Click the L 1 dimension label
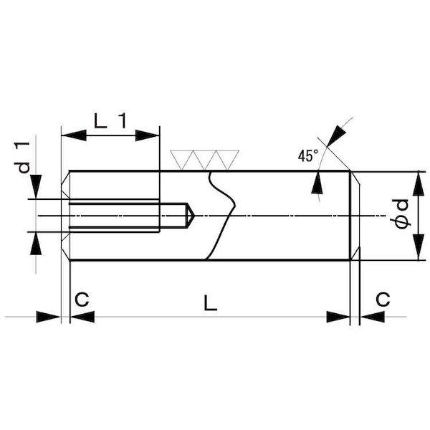(110, 120)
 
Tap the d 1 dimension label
(22, 158)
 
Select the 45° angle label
(308, 156)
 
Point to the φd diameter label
(401, 214)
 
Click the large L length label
(211, 302)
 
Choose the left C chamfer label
(82, 299)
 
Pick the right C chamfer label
(383, 299)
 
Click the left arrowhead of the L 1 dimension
(74, 135)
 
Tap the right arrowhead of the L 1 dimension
(148, 135)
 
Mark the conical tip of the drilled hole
(194, 216)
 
